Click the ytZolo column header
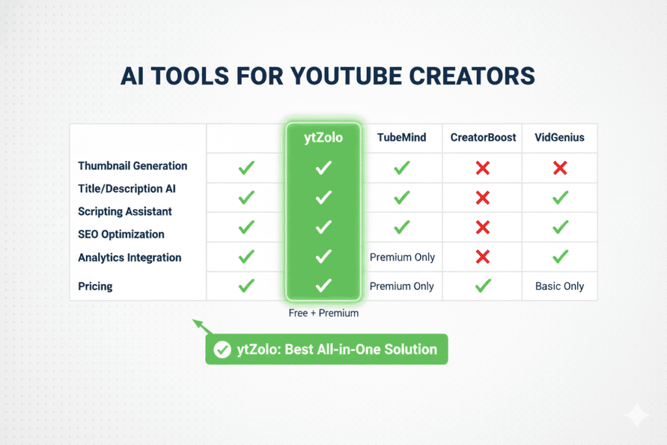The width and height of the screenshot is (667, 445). [x=323, y=138]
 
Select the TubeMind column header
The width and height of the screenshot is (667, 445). [x=402, y=138]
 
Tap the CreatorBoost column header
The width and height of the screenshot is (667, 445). [x=483, y=138]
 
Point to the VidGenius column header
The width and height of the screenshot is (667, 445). [x=560, y=138]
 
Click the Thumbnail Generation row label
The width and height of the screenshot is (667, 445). [x=132, y=166]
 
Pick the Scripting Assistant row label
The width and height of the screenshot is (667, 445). [x=125, y=212]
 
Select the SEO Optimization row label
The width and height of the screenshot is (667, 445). [x=121, y=235]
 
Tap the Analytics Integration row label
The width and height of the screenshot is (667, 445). [x=130, y=257]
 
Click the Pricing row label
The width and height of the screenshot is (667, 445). [x=95, y=286]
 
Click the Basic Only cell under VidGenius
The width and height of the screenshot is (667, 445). [x=560, y=286]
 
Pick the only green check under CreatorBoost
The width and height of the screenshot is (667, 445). [x=483, y=285]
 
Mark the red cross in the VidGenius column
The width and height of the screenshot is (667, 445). [x=560, y=168]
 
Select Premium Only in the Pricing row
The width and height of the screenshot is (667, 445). [x=402, y=286]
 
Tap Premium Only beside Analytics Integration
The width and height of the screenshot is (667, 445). [x=402, y=257]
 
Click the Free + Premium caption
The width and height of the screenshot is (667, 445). [x=323, y=313]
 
